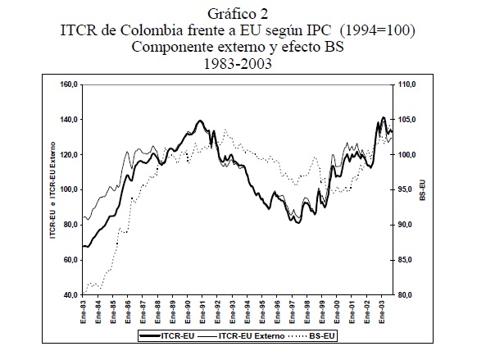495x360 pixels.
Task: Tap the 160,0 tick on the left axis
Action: [x=67, y=84]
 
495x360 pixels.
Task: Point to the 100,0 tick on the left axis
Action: [x=67, y=189]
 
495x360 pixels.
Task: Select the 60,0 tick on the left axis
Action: [x=69, y=259]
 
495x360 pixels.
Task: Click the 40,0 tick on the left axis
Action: [x=69, y=294]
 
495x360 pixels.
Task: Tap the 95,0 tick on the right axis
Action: [x=408, y=189]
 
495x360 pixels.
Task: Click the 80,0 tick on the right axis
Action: [x=408, y=294]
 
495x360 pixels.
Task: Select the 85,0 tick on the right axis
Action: [x=408, y=259]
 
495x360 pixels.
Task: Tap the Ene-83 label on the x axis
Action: [x=84, y=312]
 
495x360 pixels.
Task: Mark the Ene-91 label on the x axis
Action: [x=202, y=312]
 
